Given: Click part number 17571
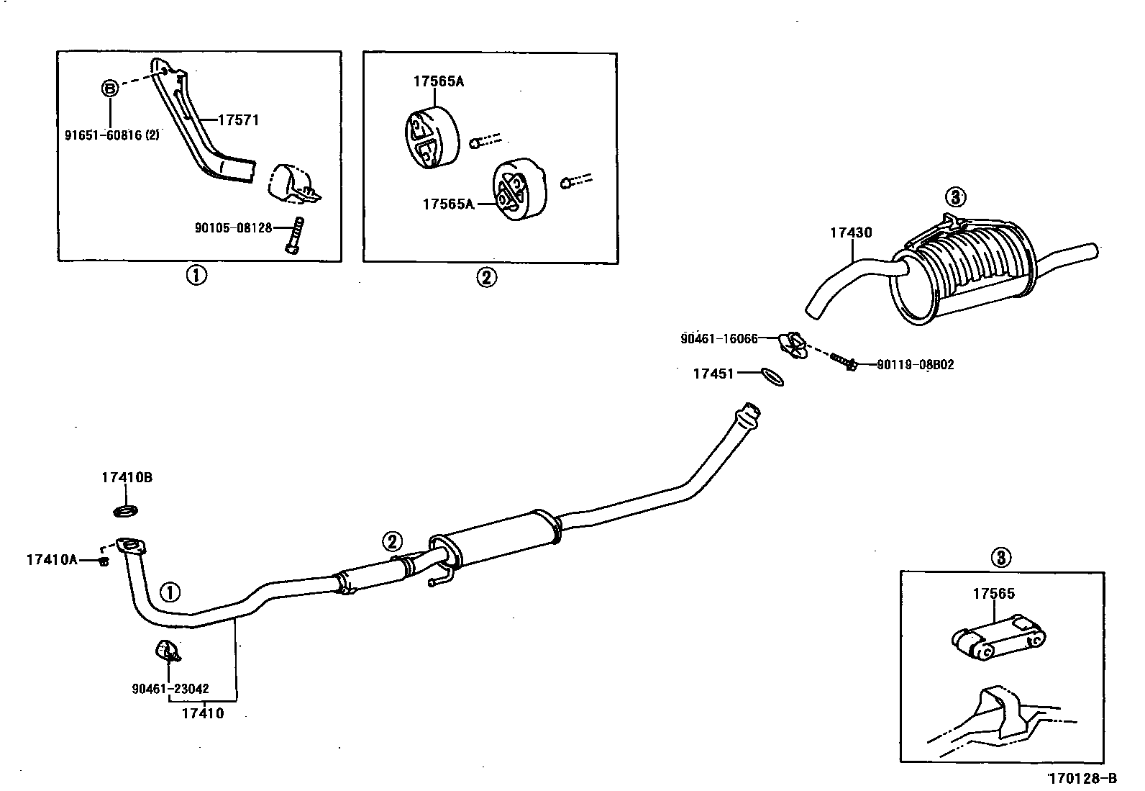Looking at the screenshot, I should click(x=238, y=120).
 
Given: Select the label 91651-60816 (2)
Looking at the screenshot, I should click(x=113, y=134).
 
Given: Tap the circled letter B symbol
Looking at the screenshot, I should click(x=109, y=89).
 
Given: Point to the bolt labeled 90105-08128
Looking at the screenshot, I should click(x=295, y=235).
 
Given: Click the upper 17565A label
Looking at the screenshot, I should click(x=438, y=81).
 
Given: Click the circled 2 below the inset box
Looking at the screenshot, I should click(x=486, y=277).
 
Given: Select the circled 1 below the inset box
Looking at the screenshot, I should click(x=196, y=275).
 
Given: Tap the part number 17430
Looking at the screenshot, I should click(x=851, y=232).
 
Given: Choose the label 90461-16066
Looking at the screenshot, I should click(x=719, y=338).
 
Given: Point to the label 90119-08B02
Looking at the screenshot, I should click(x=916, y=365).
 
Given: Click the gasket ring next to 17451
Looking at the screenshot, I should click(x=772, y=376).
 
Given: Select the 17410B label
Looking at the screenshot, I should click(x=127, y=477).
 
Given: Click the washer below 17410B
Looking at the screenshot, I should click(x=127, y=512).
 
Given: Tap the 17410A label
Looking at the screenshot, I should click(x=52, y=559).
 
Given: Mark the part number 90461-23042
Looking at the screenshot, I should click(x=170, y=688).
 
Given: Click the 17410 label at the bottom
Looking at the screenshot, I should click(x=203, y=713).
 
